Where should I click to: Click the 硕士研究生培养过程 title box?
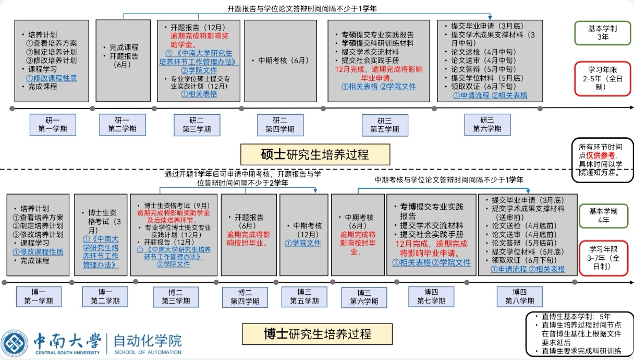[x=314, y=154]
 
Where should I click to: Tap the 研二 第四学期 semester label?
[x=279, y=125]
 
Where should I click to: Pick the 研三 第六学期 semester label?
[x=487, y=125]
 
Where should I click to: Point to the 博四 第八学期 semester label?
[x=520, y=296]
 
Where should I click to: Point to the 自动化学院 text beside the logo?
[x=148, y=341]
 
